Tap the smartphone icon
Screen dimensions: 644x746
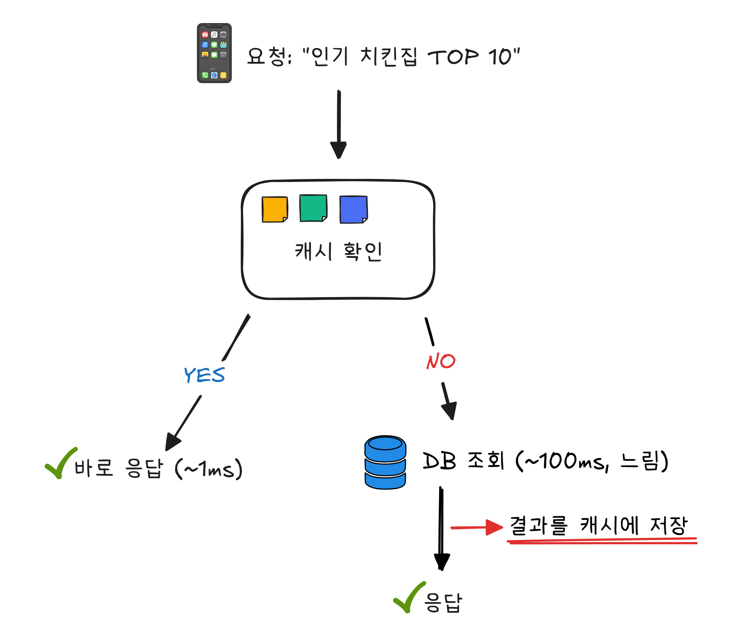[x=214, y=53]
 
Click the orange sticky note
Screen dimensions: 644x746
[x=275, y=209]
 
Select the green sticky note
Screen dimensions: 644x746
[x=313, y=208]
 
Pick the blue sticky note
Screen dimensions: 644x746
[x=353, y=209]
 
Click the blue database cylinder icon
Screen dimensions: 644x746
[x=385, y=462]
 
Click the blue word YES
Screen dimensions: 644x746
[x=204, y=375]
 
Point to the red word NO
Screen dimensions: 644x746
[x=441, y=361]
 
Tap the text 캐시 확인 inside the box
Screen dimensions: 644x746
[x=338, y=251]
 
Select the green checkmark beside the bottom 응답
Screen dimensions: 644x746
[x=409, y=597]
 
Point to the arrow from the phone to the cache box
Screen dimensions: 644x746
[x=339, y=124]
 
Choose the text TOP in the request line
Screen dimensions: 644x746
[x=453, y=57]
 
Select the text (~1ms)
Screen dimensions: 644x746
[x=209, y=469]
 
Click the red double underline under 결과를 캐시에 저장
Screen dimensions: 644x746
[x=602, y=541]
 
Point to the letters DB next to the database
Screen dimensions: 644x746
[x=439, y=461]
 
